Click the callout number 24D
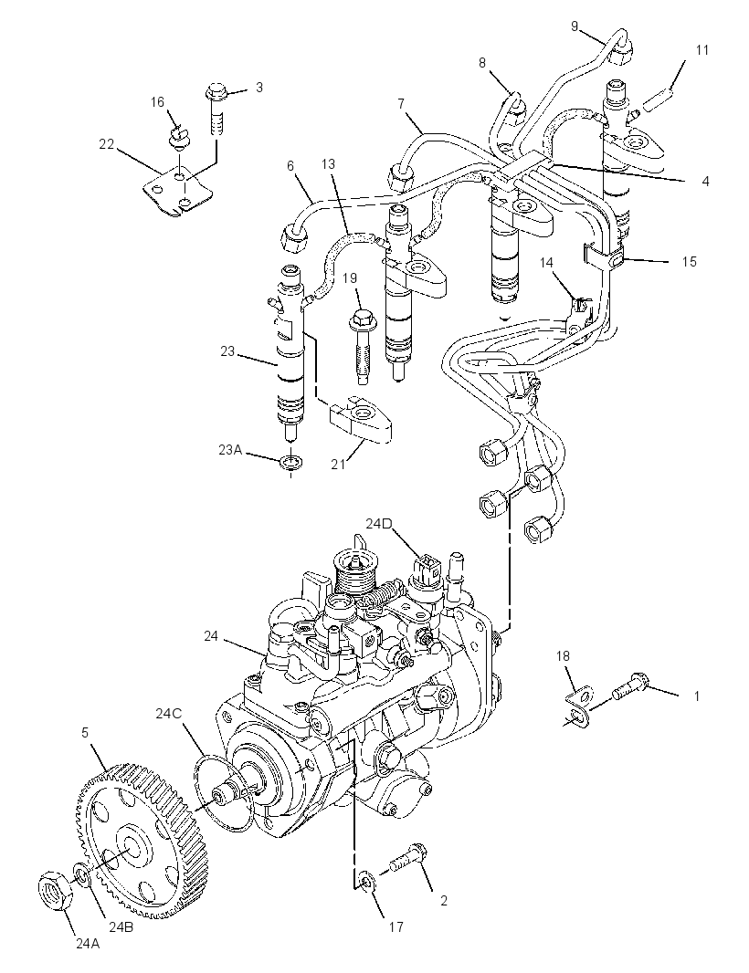tap(379, 524)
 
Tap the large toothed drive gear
tap(142, 841)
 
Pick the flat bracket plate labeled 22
tap(177, 190)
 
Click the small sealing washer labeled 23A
tap(290, 462)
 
